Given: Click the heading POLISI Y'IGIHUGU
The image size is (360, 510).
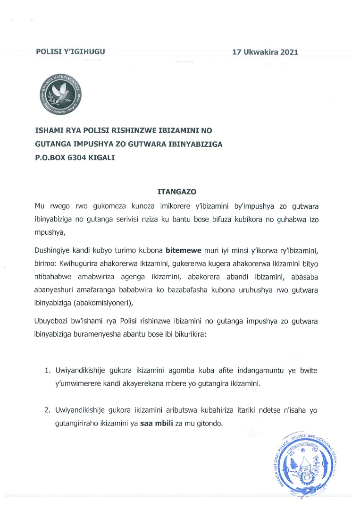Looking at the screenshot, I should click(70, 52).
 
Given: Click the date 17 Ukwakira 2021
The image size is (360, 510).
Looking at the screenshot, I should click(265, 52).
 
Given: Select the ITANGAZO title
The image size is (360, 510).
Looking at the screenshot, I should click(176, 192).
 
